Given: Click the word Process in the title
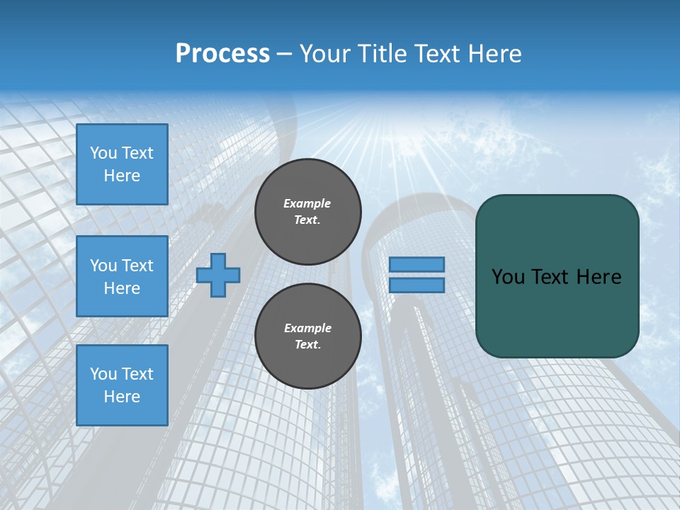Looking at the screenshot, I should pos(222,54).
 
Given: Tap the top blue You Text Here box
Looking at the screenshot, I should pos(122,164).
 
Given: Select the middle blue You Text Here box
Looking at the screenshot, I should pos(122,276).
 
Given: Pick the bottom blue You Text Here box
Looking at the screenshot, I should pos(122,385).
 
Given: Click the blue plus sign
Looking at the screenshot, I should pos(218,275).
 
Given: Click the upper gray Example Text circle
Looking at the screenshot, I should pos(308,211).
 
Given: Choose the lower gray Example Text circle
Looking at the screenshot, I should pos(308,336).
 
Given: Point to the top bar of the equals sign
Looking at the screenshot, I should pos(417,264).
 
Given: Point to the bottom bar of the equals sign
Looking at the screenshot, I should pos(417,285).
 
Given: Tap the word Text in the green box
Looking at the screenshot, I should pos(551,277).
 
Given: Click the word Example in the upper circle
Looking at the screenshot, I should pos(307,203).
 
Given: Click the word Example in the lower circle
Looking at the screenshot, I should pos(307,328).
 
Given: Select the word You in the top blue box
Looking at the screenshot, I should pos(103,153).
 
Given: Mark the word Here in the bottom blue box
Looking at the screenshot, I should pos(122,397).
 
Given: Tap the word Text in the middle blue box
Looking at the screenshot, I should pos(137,266).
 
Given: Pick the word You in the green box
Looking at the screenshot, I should pos(508,277).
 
